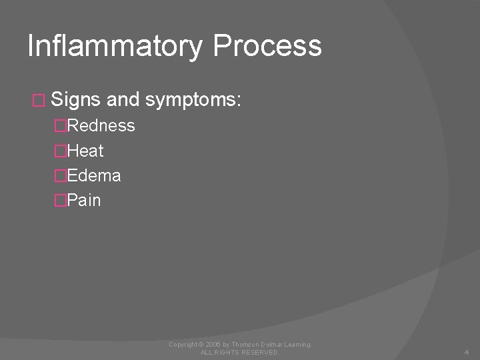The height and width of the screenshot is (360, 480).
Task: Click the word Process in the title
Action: coord(267,47)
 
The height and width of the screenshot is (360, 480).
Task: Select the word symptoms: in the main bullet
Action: coord(193,101)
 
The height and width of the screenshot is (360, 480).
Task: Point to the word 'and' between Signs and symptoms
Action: coord(122,100)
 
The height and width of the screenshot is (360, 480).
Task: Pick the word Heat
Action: coord(85,151)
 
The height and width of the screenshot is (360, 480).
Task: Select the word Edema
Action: coord(94,175)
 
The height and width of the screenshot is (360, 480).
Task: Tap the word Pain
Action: coord(84,200)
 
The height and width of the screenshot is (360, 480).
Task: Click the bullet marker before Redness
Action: coord(61,125)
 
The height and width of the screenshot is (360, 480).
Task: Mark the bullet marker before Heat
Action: coord(61,151)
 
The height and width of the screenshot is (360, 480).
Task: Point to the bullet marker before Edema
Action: coord(61,175)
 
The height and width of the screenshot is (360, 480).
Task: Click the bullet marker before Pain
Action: coord(61,200)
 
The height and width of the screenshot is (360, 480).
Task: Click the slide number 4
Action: coord(466,352)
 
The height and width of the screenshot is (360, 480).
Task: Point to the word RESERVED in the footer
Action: coord(257,352)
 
